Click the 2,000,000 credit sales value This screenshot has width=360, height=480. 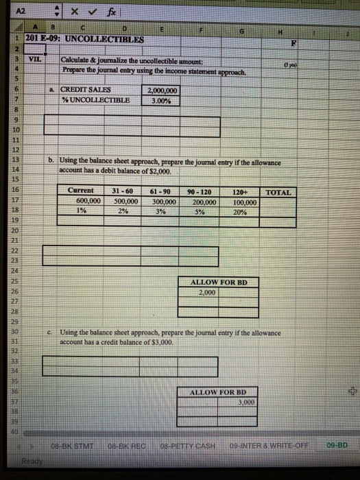[x=163, y=90]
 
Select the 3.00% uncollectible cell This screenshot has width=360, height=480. [x=163, y=101]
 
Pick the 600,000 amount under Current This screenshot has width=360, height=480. [x=86, y=202]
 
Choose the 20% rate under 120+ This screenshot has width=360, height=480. [x=245, y=211]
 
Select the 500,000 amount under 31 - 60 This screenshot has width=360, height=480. [x=123, y=202]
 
